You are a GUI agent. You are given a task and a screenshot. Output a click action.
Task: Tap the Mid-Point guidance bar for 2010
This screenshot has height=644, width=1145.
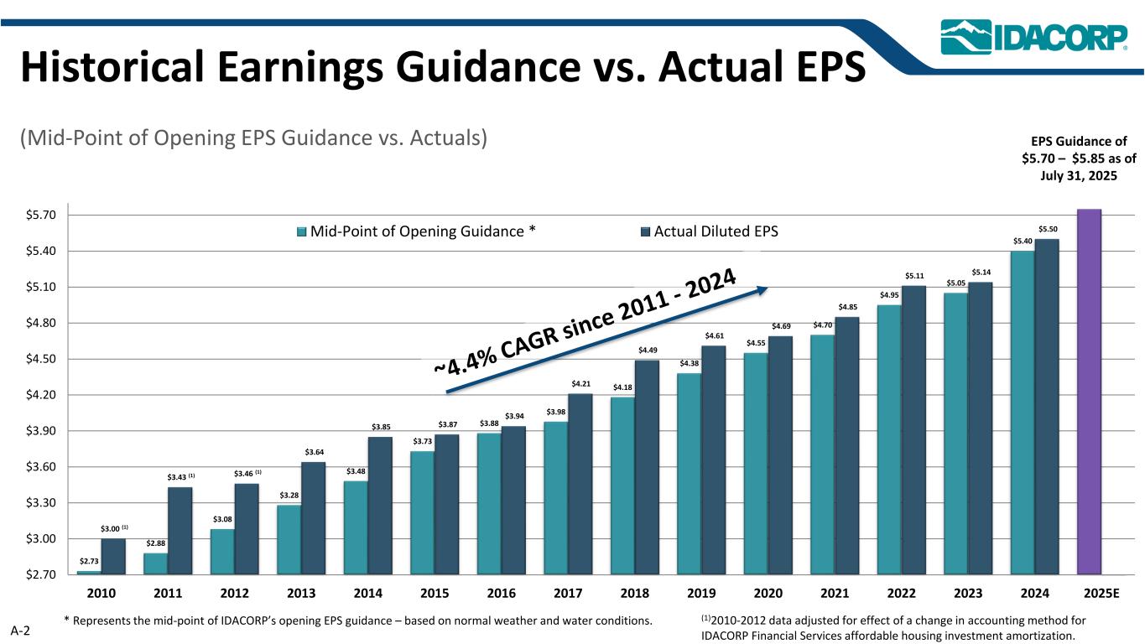88,573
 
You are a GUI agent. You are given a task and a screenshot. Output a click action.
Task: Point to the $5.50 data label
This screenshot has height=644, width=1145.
1048,229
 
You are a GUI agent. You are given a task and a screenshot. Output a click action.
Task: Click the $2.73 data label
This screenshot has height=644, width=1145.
88,561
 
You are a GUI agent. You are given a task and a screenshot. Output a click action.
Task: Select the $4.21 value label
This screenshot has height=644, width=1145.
580,384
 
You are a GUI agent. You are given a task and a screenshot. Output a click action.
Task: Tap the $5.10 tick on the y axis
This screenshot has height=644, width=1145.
41,287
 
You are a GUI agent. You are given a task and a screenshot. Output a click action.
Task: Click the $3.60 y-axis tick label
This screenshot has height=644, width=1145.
41,467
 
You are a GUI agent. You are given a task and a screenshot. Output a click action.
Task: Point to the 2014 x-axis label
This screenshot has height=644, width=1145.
368,593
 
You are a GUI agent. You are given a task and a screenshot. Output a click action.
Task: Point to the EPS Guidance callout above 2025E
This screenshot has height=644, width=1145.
1078,159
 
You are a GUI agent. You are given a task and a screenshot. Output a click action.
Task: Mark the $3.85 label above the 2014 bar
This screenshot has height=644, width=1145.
381,427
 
